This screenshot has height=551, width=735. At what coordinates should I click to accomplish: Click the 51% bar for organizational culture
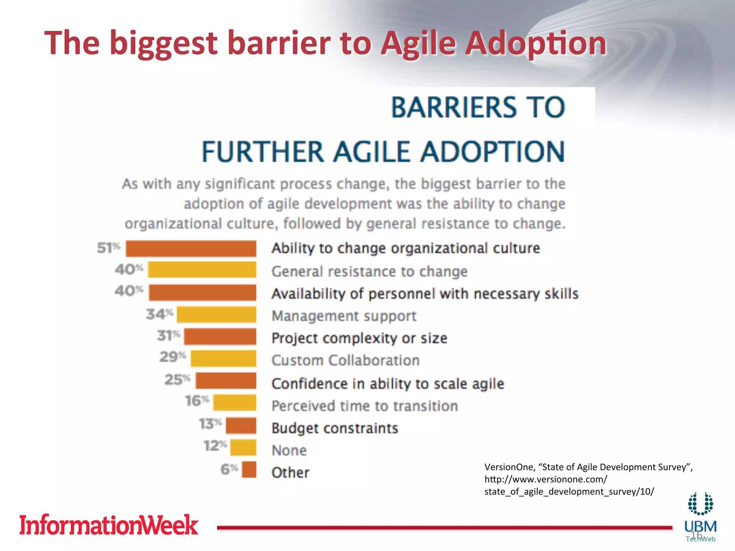[x=191, y=249]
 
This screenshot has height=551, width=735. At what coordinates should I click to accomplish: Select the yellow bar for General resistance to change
[x=202, y=269]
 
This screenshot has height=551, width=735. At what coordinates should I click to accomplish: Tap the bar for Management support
[x=216, y=315]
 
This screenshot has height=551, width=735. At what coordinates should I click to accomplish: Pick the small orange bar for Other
[x=249, y=469]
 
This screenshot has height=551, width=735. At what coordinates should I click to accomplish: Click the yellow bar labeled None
[x=243, y=447]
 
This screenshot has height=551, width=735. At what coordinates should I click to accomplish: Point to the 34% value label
[x=159, y=314]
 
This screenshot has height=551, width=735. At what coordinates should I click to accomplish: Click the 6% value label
[x=229, y=469]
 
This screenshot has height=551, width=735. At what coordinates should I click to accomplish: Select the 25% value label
[x=177, y=380]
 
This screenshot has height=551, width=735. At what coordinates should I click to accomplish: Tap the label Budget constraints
[x=334, y=428]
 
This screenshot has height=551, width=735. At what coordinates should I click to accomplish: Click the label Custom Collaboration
[x=345, y=360]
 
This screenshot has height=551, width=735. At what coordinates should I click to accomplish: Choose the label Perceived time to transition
[x=365, y=406]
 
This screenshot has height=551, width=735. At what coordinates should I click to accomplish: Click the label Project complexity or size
[x=359, y=338]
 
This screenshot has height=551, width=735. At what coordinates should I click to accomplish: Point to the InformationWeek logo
[x=108, y=525]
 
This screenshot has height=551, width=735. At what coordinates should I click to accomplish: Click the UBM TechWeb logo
[x=700, y=517]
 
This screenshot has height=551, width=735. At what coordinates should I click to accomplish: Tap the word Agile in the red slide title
[x=418, y=43]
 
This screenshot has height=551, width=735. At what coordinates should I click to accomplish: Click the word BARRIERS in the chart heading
[x=453, y=107]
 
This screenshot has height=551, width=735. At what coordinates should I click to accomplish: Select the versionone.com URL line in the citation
[x=546, y=479]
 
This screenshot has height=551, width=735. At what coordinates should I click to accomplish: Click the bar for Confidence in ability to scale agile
[x=226, y=380]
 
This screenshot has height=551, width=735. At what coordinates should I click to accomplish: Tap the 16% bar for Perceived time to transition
[x=235, y=402]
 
